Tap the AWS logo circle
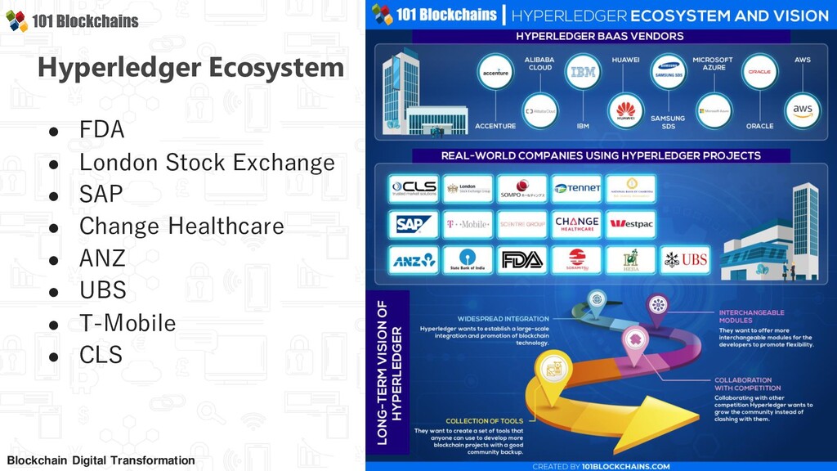[x=802, y=110]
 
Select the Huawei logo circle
[x=625, y=110]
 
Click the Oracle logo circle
[x=759, y=72]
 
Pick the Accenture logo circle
[x=495, y=72]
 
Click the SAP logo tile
[x=413, y=223]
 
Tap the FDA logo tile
[x=521, y=259]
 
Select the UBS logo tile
[x=685, y=259]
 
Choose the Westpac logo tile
[x=629, y=223]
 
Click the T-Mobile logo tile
[x=468, y=223]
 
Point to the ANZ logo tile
[x=413, y=259]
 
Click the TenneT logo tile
[x=576, y=188]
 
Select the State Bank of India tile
[x=468, y=259]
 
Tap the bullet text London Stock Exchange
[x=207, y=162]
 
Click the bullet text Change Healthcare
[x=181, y=226]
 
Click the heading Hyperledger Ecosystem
[x=190, y=67]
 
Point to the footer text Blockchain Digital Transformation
[x=101, y=460]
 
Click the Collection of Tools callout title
[x=484, y=421]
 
